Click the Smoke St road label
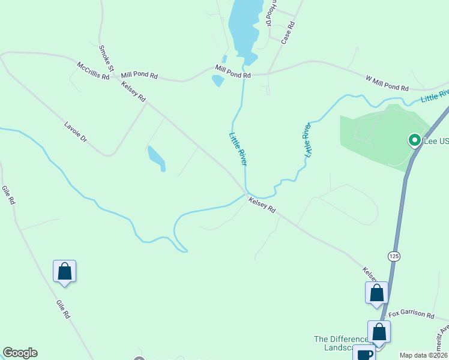click(x=106, y=58)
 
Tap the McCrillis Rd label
click(x=93, y=71)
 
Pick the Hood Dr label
click(x=271, y=13)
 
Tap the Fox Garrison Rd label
click(x=411, y=314)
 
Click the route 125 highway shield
click(x=394, y=256)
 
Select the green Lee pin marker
click(x=414, y=140)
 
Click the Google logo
click(x=20, y=353)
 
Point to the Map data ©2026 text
click(x=423, y=355)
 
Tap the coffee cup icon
click(x=364, y=353)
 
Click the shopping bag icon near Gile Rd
click(x=64, y=271)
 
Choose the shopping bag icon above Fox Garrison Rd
click(x=376, y=293)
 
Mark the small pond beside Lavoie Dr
click(x=155, y=157)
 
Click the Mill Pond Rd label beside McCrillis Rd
click(x=139, y=76)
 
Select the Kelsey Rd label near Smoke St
click(x=133, y=92)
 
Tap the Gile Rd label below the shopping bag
click(x=64, y=309)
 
